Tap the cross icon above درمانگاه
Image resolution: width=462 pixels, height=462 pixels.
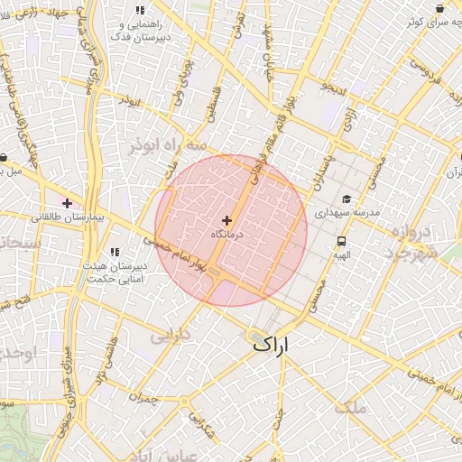point(226,220)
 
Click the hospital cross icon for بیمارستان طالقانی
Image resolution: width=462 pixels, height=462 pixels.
point(68,202)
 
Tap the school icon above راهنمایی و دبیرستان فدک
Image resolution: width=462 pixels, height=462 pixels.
point(140,11)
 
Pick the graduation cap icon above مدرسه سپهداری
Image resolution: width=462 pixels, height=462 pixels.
point(346,199)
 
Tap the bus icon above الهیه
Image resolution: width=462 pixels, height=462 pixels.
point(342,241)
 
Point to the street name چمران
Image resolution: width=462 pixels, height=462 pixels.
point(144,398)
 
